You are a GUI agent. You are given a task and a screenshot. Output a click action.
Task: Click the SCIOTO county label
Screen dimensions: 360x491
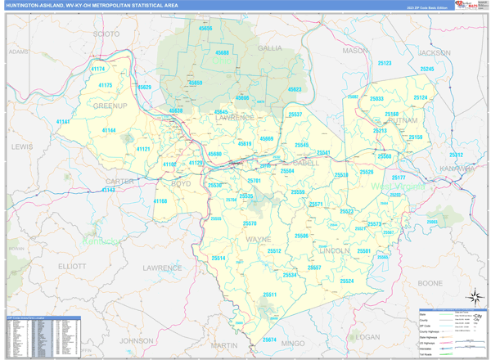[x=106, y=34]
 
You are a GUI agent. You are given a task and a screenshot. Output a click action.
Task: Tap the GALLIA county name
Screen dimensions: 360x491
[x=270, y=48]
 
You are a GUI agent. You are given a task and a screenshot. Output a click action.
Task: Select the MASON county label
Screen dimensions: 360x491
[x=355, y=50]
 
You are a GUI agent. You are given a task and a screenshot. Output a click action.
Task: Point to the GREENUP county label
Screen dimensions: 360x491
[x=110, y=106]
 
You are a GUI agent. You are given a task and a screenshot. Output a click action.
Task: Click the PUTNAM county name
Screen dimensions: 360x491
[x=402, y=119]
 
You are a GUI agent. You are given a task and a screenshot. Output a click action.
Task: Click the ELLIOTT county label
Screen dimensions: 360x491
[x=72, y=266]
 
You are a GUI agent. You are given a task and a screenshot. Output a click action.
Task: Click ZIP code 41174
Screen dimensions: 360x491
[x=99, y=70]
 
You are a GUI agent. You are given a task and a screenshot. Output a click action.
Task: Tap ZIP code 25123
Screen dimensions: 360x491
[x=383, y=63]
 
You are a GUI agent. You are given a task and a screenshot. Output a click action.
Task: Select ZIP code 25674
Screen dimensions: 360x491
[x=269, y=340]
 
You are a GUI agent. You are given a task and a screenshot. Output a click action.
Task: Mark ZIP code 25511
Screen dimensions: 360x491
[x=270, y=295]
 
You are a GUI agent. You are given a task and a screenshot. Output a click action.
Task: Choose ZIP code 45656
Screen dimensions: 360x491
[x=205, y=28]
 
